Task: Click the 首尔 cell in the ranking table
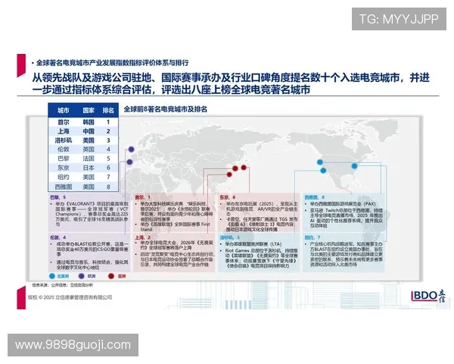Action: pyautogui.click(x=64, y=121)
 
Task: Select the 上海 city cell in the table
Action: pyautogui.click(x=64, y=130)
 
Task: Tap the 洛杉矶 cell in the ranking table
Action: pyautogui.click(x=64, y=140)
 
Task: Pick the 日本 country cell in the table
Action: pyautogui.click(x=89, y=168)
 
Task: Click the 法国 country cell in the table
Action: pyautogui.click(x=89, y=158)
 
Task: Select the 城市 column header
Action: pyautogui.click(x=64, y=111)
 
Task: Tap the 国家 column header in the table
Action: pyautogui.click(x=89, y=111)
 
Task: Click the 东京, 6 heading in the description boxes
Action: pyautogui.click(x=227, y=196)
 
